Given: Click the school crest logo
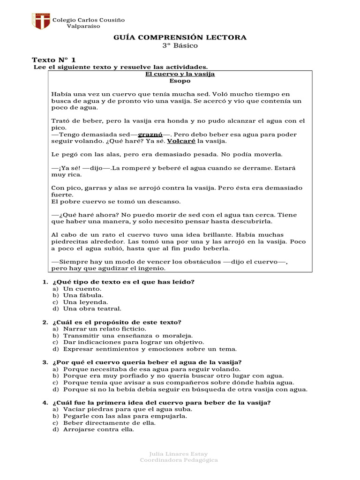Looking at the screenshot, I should pyautogui.click(x=41, y=22).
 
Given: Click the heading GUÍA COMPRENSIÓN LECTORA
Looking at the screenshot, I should pyautogui.click(x=180, y=37).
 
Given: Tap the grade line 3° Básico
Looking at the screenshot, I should pyautogui.click(x=180, y=45).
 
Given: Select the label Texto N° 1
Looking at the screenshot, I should pyautogui.click(x=53, y=60).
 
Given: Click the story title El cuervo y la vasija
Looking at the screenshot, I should pyautogui.click(x=180, y=75).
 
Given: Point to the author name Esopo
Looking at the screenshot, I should pyautogui.click(x=180, y=81).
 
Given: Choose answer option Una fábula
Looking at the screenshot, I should pyautogui.click(x=83, y=295).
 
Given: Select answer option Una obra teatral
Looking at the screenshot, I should pyautogui.click(x=92, y=308).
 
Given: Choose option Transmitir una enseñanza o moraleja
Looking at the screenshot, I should pyautogui.click(x=127, y=336).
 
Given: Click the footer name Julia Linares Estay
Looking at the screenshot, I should pyautogui.click(x=179, y=454).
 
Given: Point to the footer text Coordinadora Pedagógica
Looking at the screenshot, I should pyautogui.click(x=179, y=460).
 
